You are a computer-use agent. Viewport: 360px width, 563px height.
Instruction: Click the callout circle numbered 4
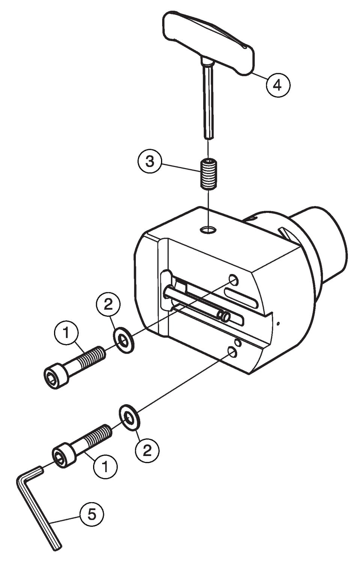[x=278, y=85]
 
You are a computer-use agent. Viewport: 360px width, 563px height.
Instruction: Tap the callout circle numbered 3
[x=150, y=161]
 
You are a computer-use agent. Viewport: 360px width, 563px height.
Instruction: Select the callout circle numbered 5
[x=92, y=514]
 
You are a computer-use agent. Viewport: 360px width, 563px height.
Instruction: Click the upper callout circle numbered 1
[x=66, y=332]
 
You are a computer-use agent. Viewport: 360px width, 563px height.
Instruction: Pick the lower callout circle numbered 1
[x=105, y=467]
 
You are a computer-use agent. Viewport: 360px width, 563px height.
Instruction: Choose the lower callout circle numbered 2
[x=147, y=449]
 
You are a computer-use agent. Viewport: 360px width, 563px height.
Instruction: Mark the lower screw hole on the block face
[x=232, y=351]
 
